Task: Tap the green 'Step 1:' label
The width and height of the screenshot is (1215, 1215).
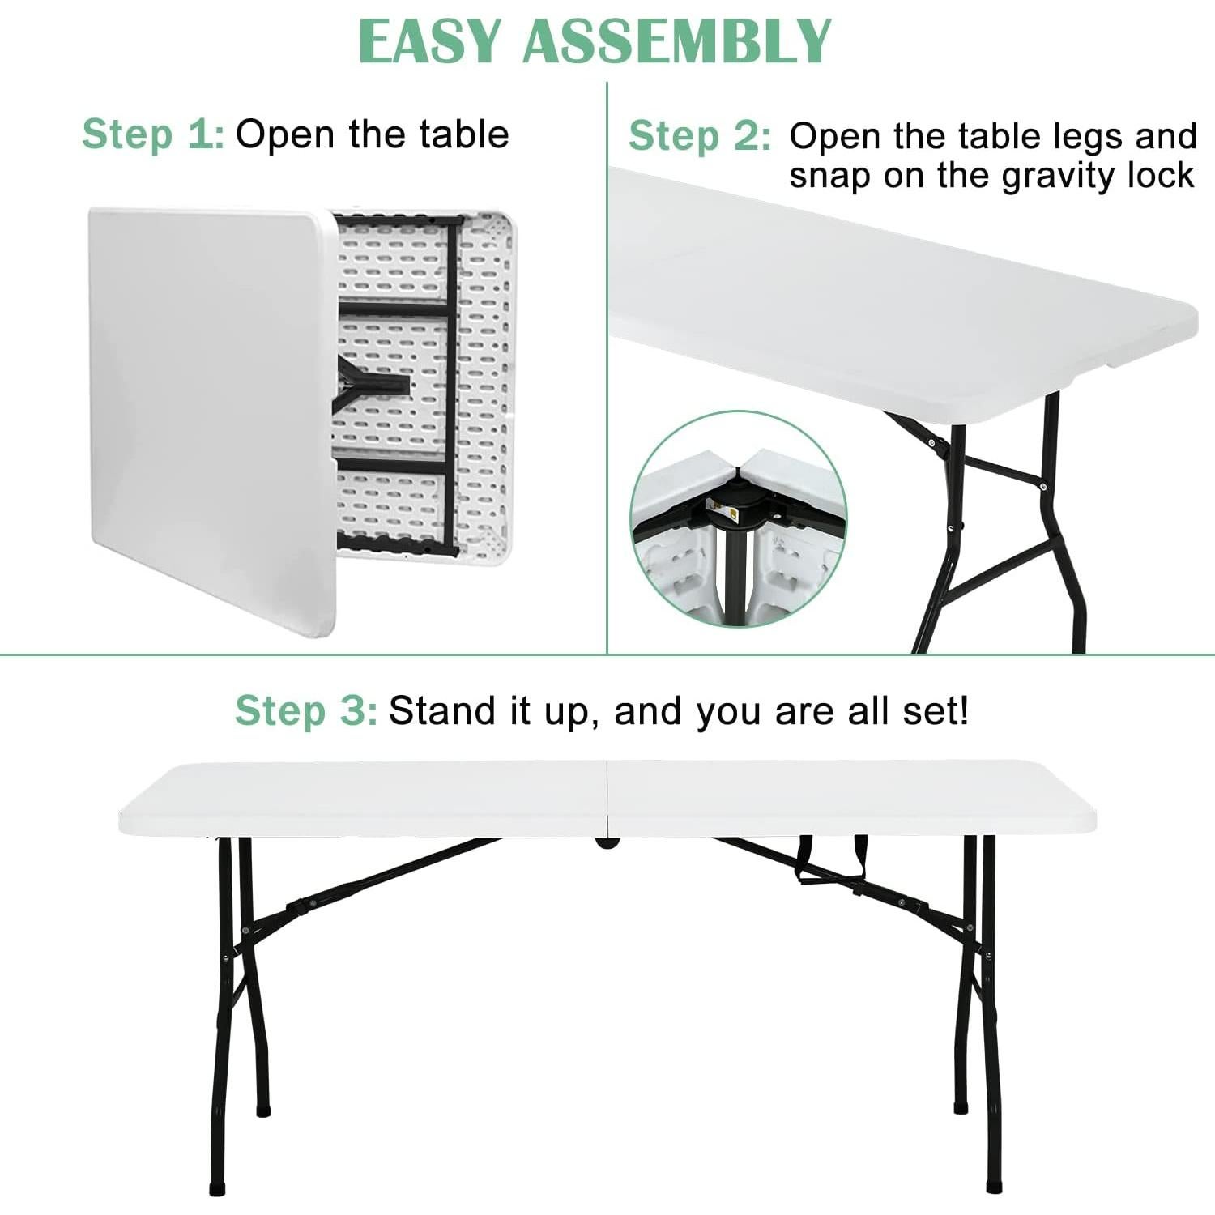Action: click(x=152, y=134)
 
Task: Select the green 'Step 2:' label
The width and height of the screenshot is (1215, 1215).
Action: click(x=700, y=136)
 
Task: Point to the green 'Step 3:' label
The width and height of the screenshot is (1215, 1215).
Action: click(x=305, y=711)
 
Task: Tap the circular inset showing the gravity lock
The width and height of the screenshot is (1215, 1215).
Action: click(x=738, y=518)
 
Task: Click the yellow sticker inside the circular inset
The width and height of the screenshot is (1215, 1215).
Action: click(x=728, y=510)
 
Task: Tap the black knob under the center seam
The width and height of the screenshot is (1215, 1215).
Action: click(x=606, y=842)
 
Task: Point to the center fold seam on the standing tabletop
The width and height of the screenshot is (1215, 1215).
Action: click(x=607, y=798)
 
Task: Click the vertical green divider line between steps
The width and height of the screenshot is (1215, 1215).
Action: click(x=607, y=364)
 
